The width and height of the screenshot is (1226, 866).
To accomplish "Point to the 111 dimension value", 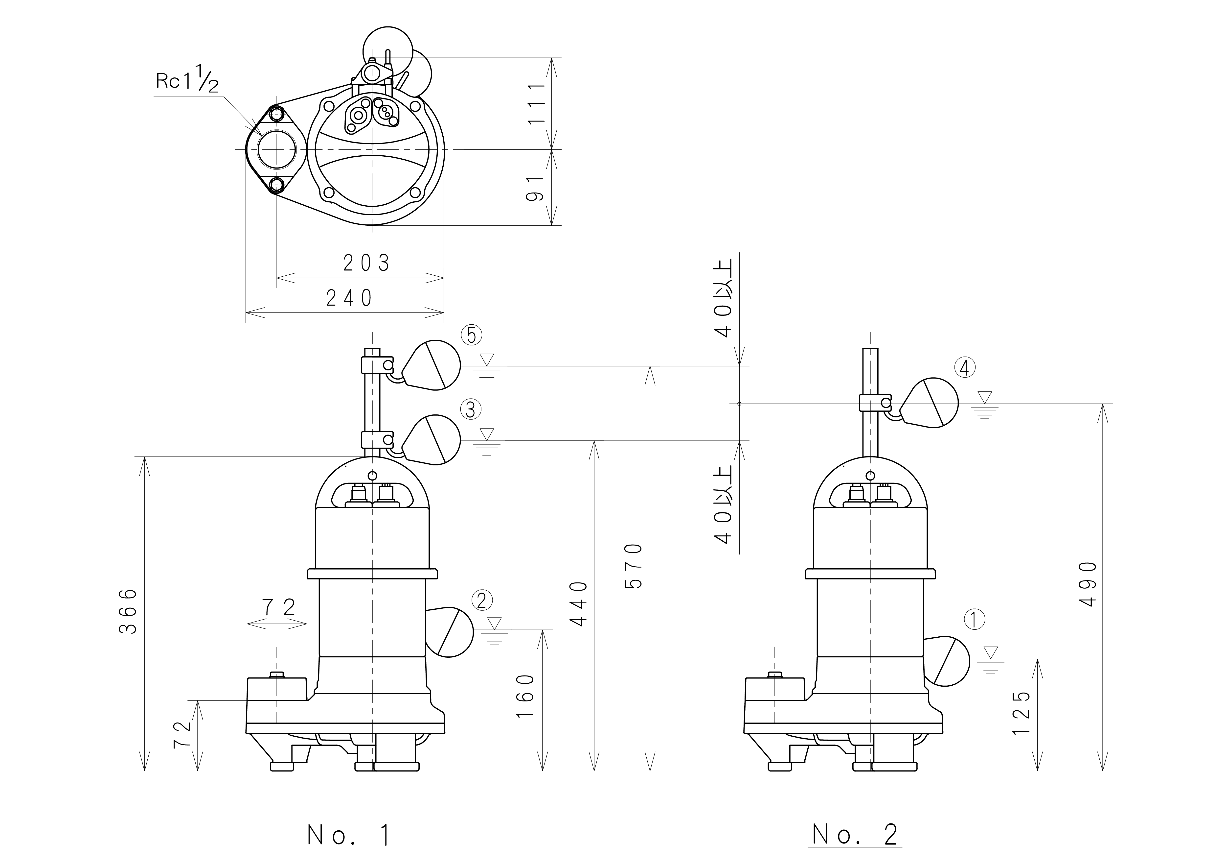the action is pos(536,104).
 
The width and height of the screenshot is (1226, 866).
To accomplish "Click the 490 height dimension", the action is pos(1088,584).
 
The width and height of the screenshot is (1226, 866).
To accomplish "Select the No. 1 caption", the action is pos(350,835).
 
